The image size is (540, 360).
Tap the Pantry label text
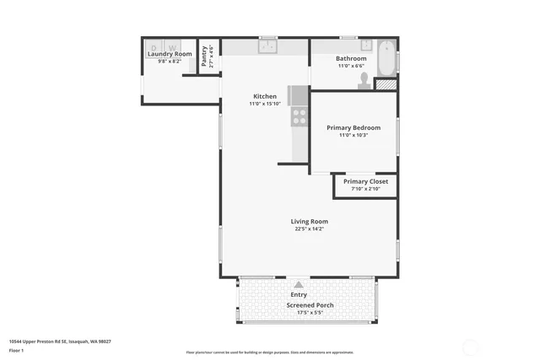205,56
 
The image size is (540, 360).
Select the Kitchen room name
264,96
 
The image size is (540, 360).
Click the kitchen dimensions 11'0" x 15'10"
264,105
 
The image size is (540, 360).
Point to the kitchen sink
268,46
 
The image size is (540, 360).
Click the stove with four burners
299,116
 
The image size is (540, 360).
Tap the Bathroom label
351,58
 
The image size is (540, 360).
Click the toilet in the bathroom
364,79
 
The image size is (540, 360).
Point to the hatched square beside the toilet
385,83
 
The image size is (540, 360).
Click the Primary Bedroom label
354,127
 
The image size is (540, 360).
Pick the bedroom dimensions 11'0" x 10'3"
354,136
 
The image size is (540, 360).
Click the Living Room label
309,221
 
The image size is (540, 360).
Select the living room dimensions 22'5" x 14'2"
309,228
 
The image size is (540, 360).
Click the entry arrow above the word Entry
299,285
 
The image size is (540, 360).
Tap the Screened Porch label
310,304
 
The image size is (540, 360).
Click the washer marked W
172,47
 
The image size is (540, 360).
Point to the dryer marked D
154,47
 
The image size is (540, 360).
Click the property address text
60,341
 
